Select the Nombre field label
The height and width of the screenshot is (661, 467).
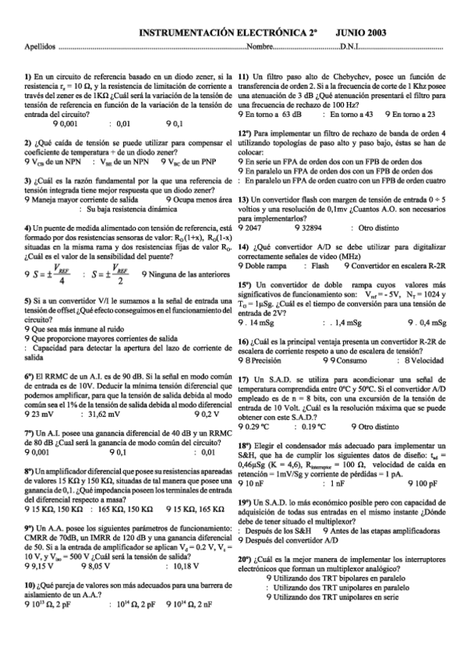(259, 47)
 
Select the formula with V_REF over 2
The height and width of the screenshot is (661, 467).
(108, 272)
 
